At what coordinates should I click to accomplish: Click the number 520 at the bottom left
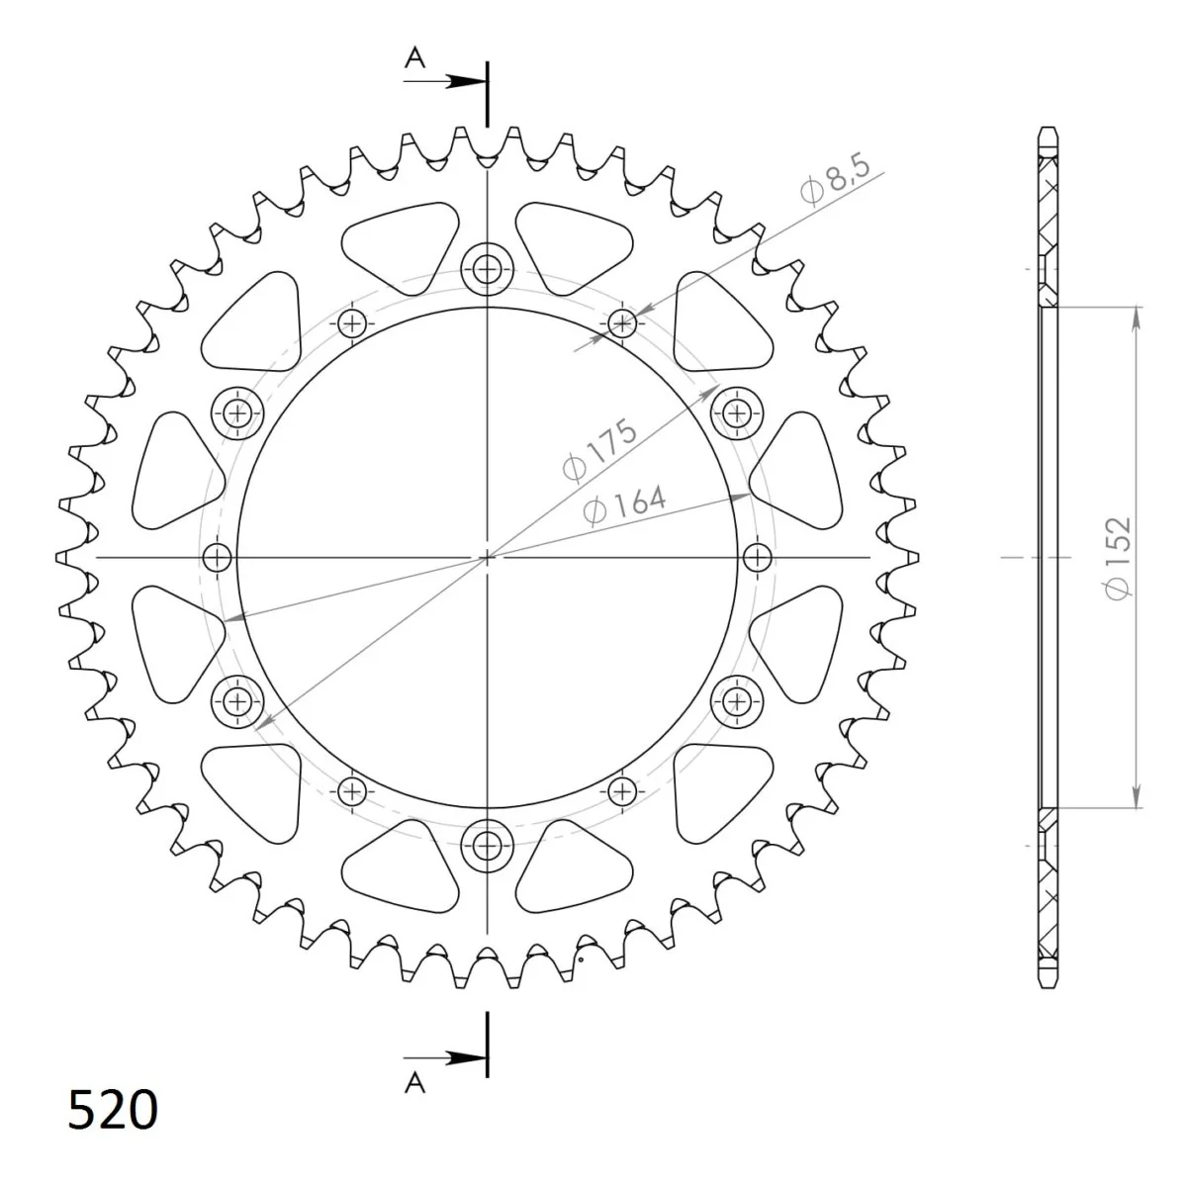point(113,1110)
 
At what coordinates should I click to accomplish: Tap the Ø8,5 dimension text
point(836,179)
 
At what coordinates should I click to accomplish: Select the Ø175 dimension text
point(598,449)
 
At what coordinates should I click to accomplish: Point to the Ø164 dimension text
point(624,505)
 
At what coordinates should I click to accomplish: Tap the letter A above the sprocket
point(415,58)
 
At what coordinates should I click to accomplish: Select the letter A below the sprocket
point(415,1082)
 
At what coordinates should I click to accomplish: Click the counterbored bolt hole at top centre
point(487,269)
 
